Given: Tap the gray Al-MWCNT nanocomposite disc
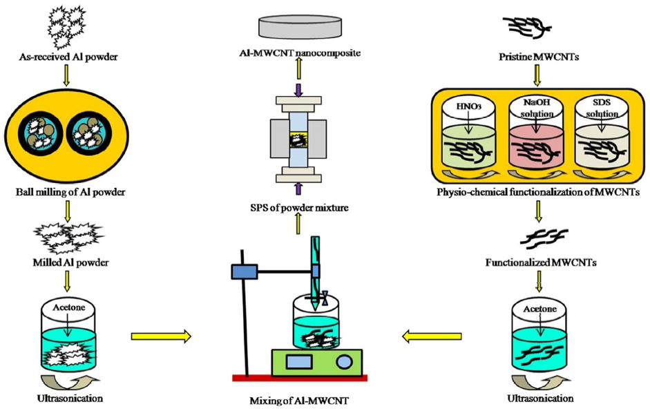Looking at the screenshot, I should point(302,26).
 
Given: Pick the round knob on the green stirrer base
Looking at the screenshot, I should point(343,361).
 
